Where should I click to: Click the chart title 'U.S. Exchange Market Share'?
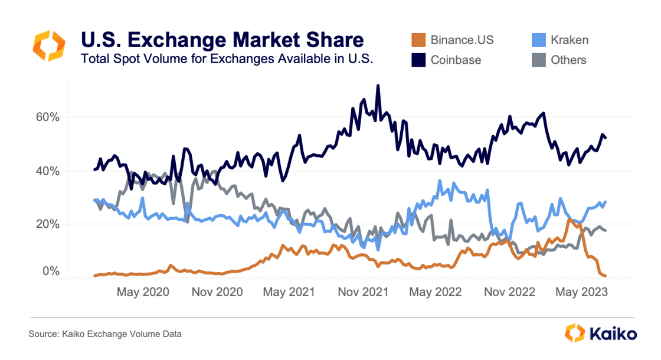tap(222, 40)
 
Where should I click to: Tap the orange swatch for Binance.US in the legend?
tap(418, 40)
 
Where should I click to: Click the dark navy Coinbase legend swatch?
tap(418, 60)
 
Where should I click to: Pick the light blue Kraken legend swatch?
tap(538, 40)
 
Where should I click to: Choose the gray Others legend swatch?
tap(538, 60)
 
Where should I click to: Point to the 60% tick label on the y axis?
tap(48, 117)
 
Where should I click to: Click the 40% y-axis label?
tap(48, 171)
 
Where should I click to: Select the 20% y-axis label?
tap(48, 224)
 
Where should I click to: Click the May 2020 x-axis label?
tap(143, 292)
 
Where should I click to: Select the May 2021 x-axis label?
tap(289, 292)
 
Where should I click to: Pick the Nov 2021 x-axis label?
tap(364, 292)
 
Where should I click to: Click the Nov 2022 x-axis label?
tap(509, 292)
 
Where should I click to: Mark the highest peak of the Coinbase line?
tap(378, 86)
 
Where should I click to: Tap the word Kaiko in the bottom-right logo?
tap(613, 333)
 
